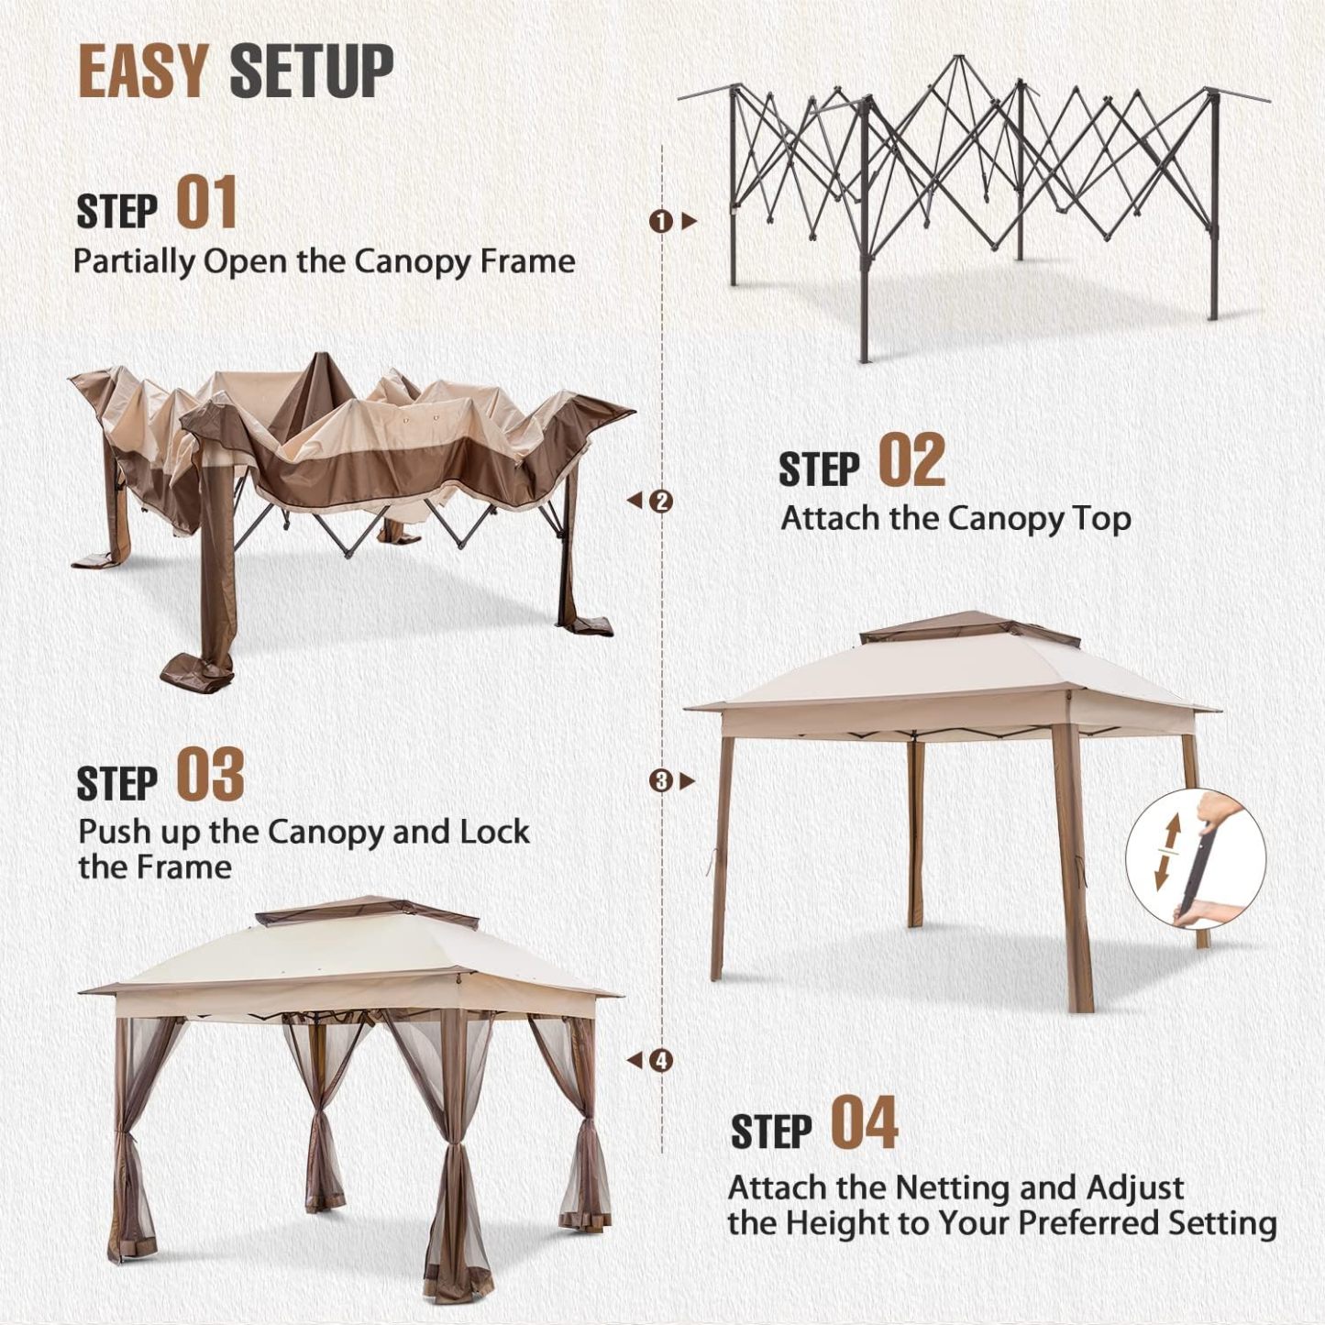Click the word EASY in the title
point(144,71)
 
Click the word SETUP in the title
point(312,71)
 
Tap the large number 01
point(206,203)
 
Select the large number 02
point(911,460)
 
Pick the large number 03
point(210,775)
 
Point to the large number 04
point(864,1124)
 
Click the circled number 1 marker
point(660,221)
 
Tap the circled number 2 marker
point(661,501)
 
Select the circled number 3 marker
point(660,781)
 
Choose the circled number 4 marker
point(661,1061)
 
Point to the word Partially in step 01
point(133,262)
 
